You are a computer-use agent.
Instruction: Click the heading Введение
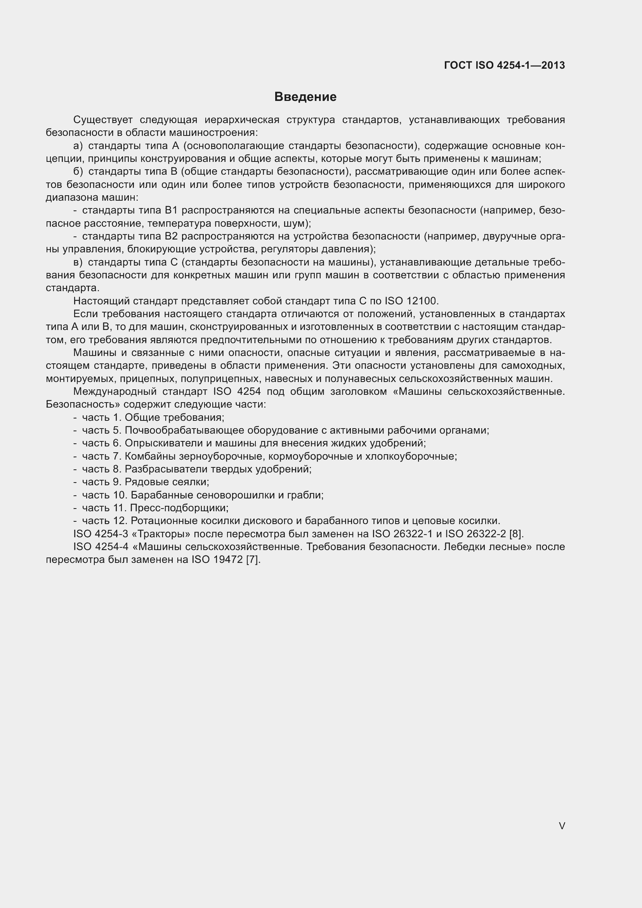[x=305, y=97]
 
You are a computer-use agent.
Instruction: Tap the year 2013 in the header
[x=553, y=65]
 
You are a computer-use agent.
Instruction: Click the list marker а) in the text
[x=78, y=146]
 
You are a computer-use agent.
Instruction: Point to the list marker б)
[x=78, y=172]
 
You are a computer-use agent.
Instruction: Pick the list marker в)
[x=78, y=262]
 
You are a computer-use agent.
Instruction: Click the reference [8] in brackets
[x=516, y=534]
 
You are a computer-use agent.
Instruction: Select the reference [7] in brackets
[x=253, y=560]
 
